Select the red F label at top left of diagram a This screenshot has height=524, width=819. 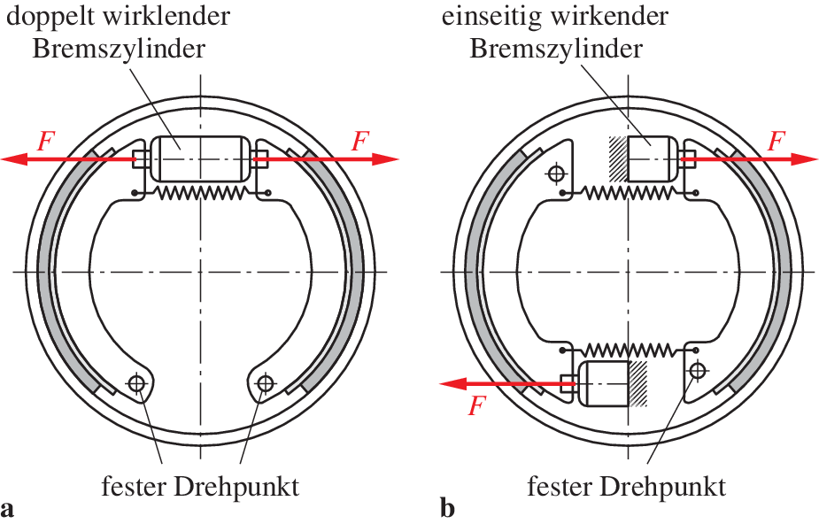[43, 139]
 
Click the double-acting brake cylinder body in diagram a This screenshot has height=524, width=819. [201, 158]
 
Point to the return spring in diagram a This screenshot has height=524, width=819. [201, 191]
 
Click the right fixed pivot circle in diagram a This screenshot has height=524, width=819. [265, 382]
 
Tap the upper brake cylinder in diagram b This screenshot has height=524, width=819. [653, 158]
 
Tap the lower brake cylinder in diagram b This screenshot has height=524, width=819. [603, 382]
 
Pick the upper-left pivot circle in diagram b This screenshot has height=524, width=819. [556, 173]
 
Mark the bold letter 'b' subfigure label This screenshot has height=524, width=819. [447, 509]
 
